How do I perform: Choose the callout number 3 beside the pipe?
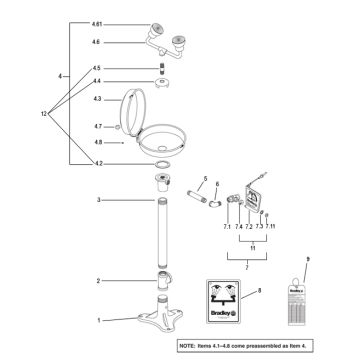coord(98,200)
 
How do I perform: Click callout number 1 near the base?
coord(98,320)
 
